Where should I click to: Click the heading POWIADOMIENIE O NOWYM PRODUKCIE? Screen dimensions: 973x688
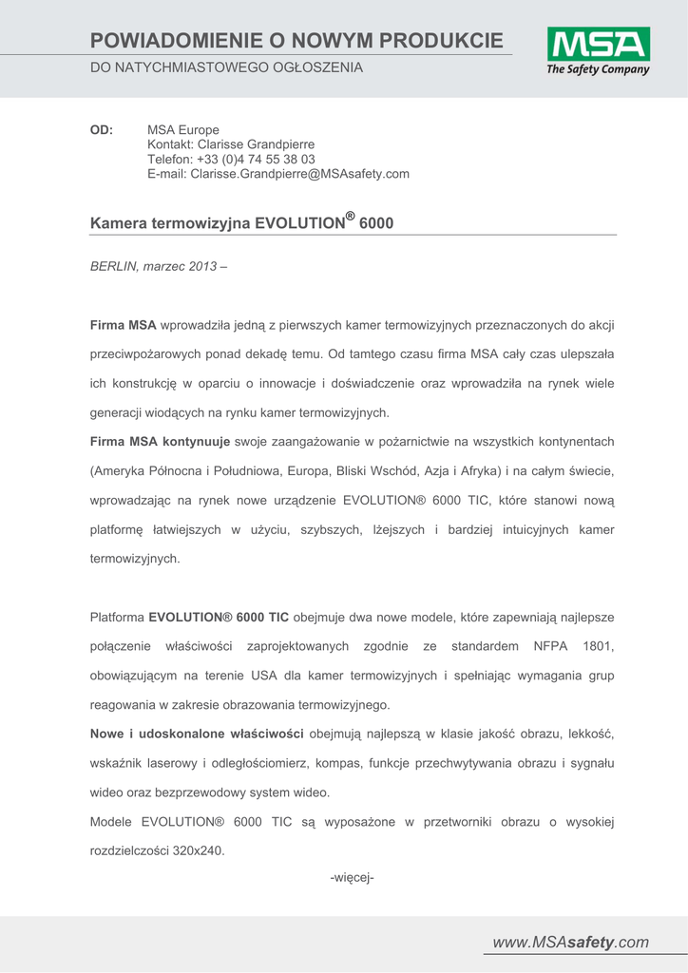[297, 40]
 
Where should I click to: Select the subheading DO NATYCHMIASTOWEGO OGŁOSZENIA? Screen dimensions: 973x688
[226, 67]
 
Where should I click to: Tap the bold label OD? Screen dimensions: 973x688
[102, 129]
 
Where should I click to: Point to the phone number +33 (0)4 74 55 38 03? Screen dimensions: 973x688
[256, 160]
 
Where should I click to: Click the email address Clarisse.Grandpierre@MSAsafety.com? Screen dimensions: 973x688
[299, 174]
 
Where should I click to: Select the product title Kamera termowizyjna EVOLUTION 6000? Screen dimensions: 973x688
[241, 222]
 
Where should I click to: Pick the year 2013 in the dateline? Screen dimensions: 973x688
[201, 267]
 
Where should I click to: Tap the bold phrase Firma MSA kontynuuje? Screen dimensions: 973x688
[160, 441]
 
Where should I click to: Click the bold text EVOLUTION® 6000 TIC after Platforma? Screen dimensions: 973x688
[219, 617]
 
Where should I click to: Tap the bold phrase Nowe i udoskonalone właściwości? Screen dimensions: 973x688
[197, 734]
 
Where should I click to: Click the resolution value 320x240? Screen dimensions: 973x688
[199, 850]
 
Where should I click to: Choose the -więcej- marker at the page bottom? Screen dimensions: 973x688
[353, 877]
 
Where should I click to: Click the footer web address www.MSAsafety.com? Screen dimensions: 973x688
[570, 943]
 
